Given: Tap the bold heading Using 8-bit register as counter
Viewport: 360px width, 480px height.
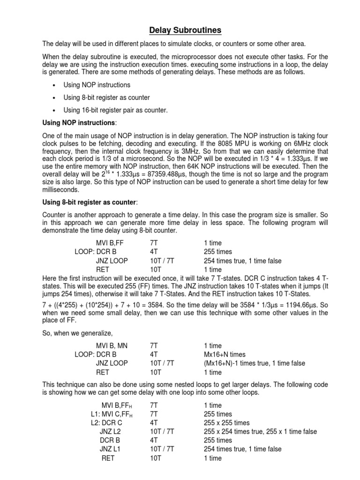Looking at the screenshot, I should [88, 202].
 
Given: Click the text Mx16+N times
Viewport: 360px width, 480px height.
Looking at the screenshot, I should [225, 355].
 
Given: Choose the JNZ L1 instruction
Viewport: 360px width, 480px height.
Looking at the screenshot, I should [110, 449].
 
